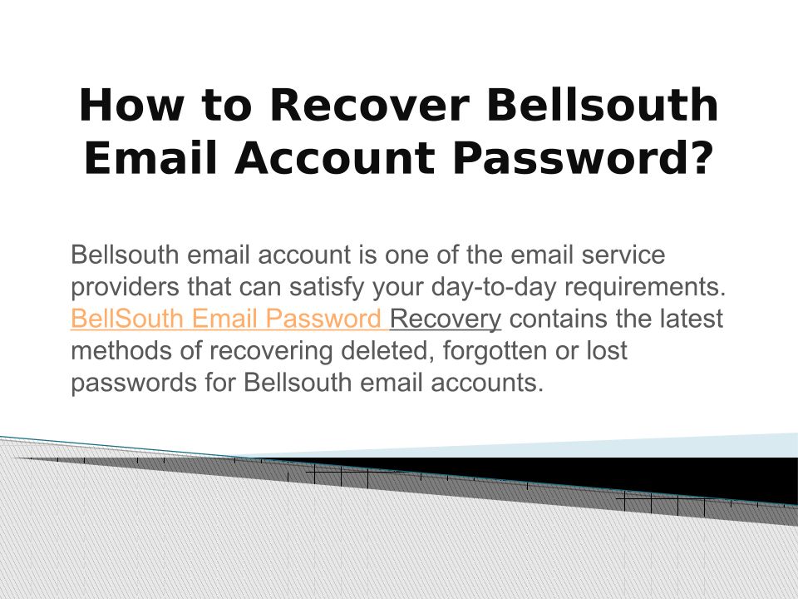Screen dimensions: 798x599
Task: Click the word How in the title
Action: click(131, 105)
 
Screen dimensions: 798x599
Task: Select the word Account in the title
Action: click(334, 158)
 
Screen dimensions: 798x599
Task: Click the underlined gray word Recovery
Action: click(446, 319)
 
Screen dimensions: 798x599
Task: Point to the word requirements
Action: click(645, 287)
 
